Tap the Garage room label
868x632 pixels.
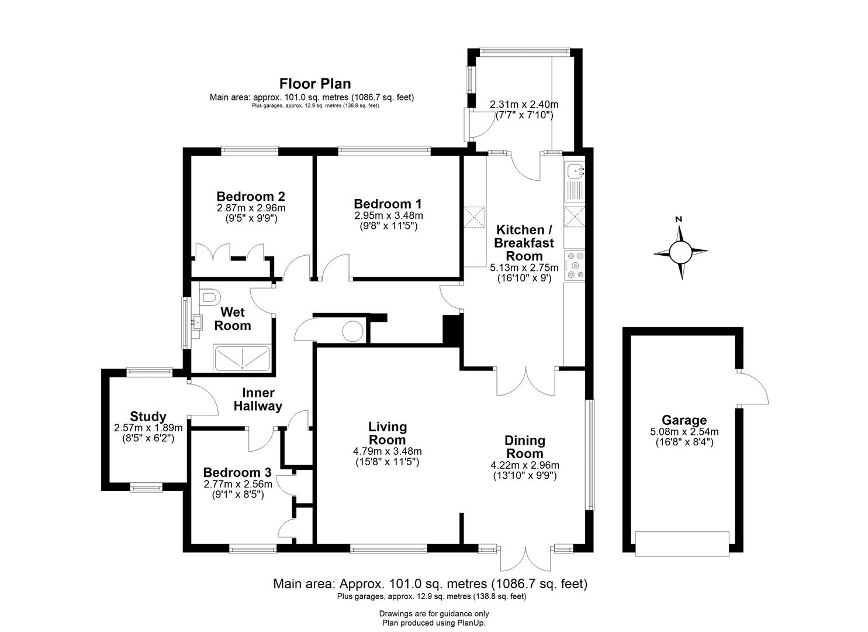point(684,420)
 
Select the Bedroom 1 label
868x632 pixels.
point(388,204)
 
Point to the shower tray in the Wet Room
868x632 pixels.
point(242,358)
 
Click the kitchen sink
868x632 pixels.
point(574,171)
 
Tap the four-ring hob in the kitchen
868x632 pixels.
point(574,265)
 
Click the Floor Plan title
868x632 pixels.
point(315,83)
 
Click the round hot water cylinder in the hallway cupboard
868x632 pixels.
point(352,331)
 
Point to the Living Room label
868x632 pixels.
point(387,433)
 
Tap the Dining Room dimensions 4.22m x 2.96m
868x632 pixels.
point(525,465)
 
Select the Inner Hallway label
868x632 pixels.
point(258,399)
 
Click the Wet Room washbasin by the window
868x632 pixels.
point(196,321)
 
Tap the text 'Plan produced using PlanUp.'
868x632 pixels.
point(434,623)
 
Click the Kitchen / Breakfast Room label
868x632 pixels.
point(524,242)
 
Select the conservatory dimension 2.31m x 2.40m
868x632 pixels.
point(524,105)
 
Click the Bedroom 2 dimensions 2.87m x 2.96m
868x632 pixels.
point(251,208)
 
